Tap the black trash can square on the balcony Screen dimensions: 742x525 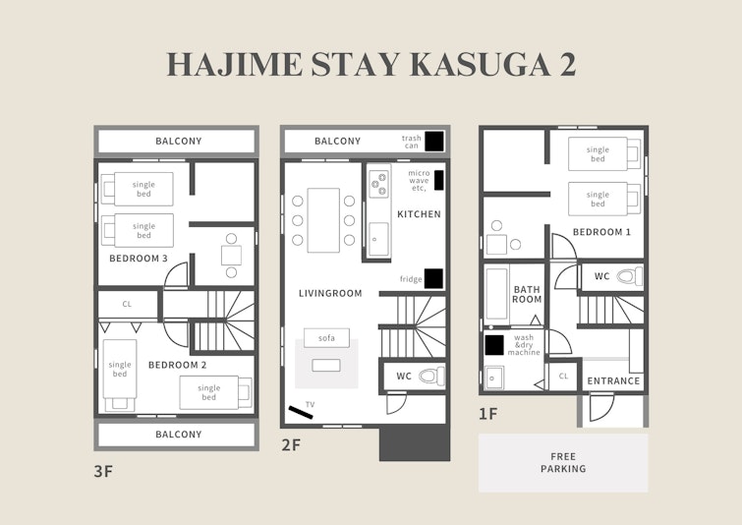(434, 141)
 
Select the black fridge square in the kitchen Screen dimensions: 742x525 (433, 278)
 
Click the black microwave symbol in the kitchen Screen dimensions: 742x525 (439, 180)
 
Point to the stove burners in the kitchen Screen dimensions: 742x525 (379, 182)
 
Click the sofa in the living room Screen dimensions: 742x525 (326, 338)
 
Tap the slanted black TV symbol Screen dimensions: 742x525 (301, 412)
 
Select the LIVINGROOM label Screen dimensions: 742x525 (330, 294)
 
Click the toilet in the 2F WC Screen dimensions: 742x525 (431, 377)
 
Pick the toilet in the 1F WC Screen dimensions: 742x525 (630, 276)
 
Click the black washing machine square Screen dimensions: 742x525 (494, 345)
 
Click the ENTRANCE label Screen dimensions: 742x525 (613, 381)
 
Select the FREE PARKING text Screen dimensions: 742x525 (563, 462)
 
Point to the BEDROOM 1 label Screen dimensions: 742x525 (601, 232)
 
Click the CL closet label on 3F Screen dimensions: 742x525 (127, 304)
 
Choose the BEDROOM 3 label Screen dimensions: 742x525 (139, 259)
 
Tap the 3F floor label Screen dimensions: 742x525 (103, 472)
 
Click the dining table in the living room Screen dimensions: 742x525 (323, 220)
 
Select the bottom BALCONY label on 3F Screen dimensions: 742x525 (179, 435)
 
